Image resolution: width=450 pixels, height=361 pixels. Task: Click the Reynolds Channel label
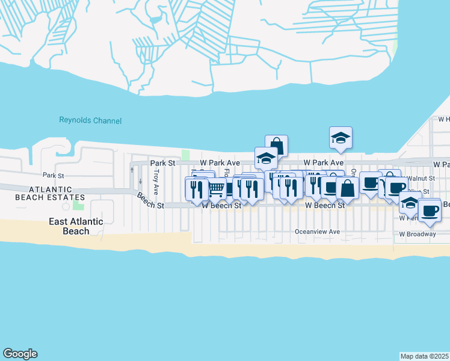(90, 120)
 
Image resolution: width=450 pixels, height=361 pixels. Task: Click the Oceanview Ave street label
(317, 232)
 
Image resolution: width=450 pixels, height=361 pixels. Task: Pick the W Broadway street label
(417, 234)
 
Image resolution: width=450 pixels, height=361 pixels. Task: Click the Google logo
(20, 354)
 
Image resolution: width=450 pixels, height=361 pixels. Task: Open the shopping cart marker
(216, 189)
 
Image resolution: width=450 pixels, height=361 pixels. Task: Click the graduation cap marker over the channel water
(341, 138)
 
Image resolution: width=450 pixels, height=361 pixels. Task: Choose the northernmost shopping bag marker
(276, 146)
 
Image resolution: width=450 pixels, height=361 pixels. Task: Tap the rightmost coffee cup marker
(430, 210)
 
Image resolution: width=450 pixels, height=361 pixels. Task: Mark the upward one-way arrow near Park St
(132, 169)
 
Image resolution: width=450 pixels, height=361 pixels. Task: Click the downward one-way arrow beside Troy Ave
(140, 181)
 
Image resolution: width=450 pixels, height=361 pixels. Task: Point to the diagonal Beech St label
(150, 201)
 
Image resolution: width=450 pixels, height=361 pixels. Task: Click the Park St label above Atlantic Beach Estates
(53, 176)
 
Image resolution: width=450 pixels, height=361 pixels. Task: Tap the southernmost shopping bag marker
(347, 188)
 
